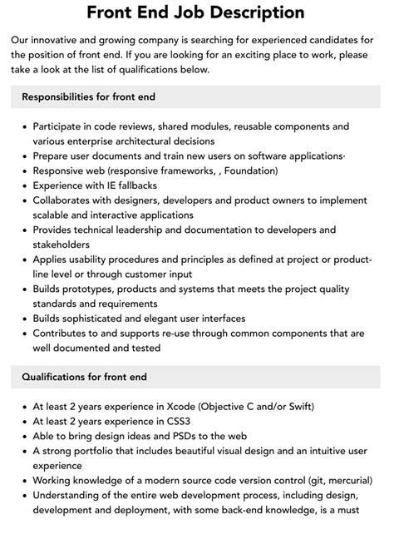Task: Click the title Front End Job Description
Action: tap(196, 12)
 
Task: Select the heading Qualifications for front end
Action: tap(85, 377)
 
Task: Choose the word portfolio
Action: tap(100, 453)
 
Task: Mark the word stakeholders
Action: tap(62, 245)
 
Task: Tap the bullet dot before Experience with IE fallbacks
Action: tap(22, 185)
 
